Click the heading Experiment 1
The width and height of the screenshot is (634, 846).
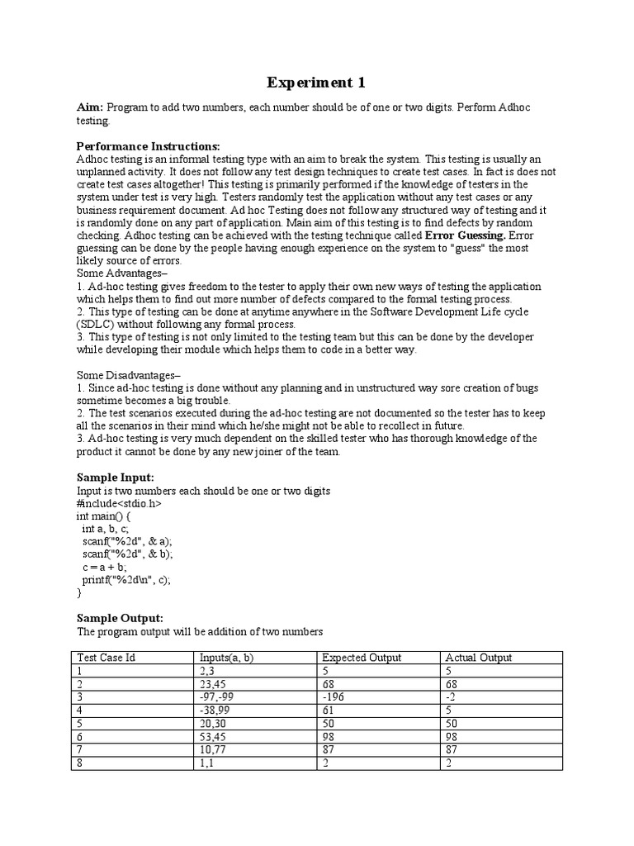tap(315, 83)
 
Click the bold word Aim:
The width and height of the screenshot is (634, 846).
tap(90, 107)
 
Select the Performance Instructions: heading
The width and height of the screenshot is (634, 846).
tap(148, 146)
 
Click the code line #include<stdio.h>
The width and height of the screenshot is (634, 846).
tap(119, 503)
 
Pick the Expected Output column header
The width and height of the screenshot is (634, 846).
tap(362, 658)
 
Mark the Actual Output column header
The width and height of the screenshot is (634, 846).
tap(479, 658)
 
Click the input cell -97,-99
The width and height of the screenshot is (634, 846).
tap(217, 696)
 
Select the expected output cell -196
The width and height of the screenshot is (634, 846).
tap(333, 696)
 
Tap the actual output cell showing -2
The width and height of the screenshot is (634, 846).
tap(451, 696)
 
